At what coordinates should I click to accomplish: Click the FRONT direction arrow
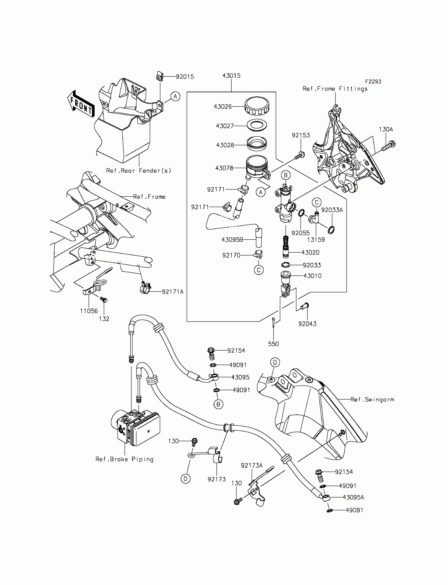pos(81,104)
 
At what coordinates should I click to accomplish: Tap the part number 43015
pos(231,76)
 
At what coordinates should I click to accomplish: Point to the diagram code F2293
pos(373,82)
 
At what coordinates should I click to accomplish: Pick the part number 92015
pos(185,77)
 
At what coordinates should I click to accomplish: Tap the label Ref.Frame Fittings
pos(335,89)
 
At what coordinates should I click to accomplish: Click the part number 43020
pos(310,252)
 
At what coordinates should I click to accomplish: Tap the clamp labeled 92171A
pos(145,288)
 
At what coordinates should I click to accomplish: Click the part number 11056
pos(89,311)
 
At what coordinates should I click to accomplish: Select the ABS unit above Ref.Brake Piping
pos(135,427)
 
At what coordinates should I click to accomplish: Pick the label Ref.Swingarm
pos(372,399)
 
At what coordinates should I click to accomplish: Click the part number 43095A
pos(353,497)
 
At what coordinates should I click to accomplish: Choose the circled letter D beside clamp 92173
pos(186,479)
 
